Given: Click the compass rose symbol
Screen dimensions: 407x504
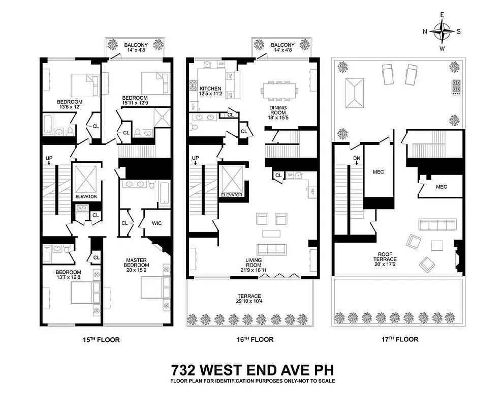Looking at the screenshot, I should click(442, 31).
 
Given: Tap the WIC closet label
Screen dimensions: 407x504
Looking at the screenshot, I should click(156, 222).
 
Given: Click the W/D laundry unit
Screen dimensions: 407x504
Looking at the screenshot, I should click(82, 208).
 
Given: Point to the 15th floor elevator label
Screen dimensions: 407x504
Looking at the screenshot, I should click(86, 196).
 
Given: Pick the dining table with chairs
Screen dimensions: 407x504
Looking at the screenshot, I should click(279, 91).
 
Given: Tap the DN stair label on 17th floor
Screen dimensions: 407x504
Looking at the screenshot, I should click(356, 159).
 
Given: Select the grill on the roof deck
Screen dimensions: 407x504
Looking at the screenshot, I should click(456, 88).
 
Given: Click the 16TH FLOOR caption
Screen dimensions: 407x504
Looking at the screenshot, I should click(253, 339).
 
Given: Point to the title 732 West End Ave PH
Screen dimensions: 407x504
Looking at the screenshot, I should click(252, 369).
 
